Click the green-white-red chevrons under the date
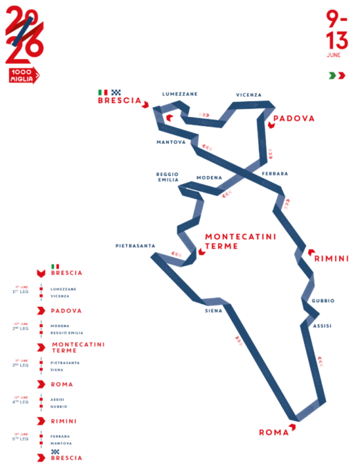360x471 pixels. click(x=337, y=75)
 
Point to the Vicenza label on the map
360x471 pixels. click(x=249, y=95)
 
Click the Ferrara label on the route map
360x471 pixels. click(x=276, y=173)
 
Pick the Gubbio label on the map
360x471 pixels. click(x=323, y=300)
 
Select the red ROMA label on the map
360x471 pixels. click(x=273, y=432)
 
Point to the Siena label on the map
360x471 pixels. click(x=213, y=310)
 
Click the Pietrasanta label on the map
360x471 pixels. click(x=134, y=245)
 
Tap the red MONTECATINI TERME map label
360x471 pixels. click(x=240, y=241)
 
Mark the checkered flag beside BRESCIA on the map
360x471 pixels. click(x=116, y=91)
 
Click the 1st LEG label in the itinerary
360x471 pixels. click(x=23, y=292)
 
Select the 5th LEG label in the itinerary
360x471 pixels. click(x=23, y=438)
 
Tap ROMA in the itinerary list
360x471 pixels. click(x=62, y=384)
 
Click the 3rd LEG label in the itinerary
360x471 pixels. click(x=23, y=365)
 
